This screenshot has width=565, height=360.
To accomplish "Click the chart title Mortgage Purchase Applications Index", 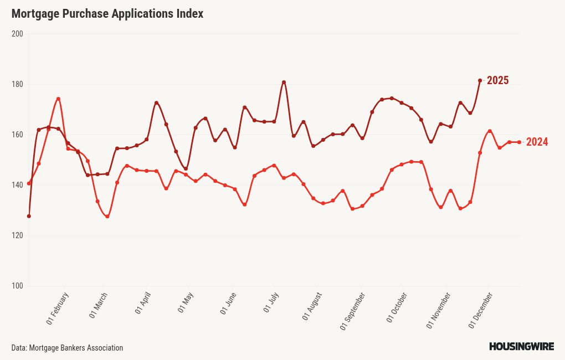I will click(x=107, y=14).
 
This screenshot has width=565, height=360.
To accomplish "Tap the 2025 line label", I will click(x=497, y=81).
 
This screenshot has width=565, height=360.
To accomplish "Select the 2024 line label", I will click(x=537, y=142).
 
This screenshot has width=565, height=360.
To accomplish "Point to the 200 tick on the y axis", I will click(x=17, y=34).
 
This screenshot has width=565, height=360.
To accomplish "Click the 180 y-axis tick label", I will click(x=17, y=84).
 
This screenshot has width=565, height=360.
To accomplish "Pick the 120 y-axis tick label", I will click(x=17, y=235).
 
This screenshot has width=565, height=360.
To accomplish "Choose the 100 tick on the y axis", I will click(x=17, y=286).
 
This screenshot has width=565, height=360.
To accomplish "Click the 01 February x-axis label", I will click(x=58, y=308).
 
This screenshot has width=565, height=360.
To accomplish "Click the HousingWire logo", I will click(x=521, y=347).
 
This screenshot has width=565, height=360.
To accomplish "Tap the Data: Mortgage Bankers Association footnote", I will click(x=67, y=348).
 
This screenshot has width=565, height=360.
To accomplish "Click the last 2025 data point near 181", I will click(x=480, y=80).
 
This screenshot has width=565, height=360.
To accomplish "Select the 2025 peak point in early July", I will click(x=284, y=83).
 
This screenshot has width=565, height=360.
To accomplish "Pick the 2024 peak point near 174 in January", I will click(x=58, y=99).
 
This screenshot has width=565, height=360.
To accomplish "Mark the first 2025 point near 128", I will click(x=29, y=216).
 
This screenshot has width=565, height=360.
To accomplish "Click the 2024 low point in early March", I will click(x=107, y=217).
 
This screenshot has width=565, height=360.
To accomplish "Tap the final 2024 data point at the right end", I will click(x=519, y=142).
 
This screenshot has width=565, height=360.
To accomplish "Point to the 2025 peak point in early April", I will click(x=156, y=102).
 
